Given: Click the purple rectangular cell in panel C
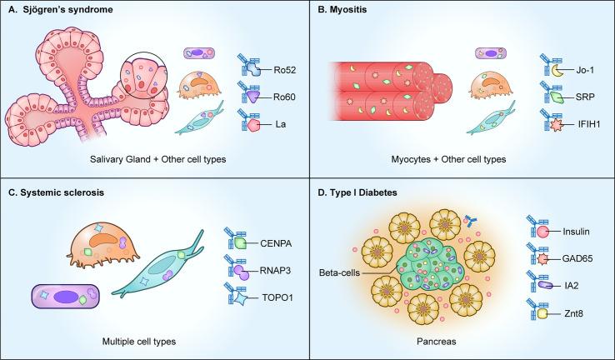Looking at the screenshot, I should coord(67,296).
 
